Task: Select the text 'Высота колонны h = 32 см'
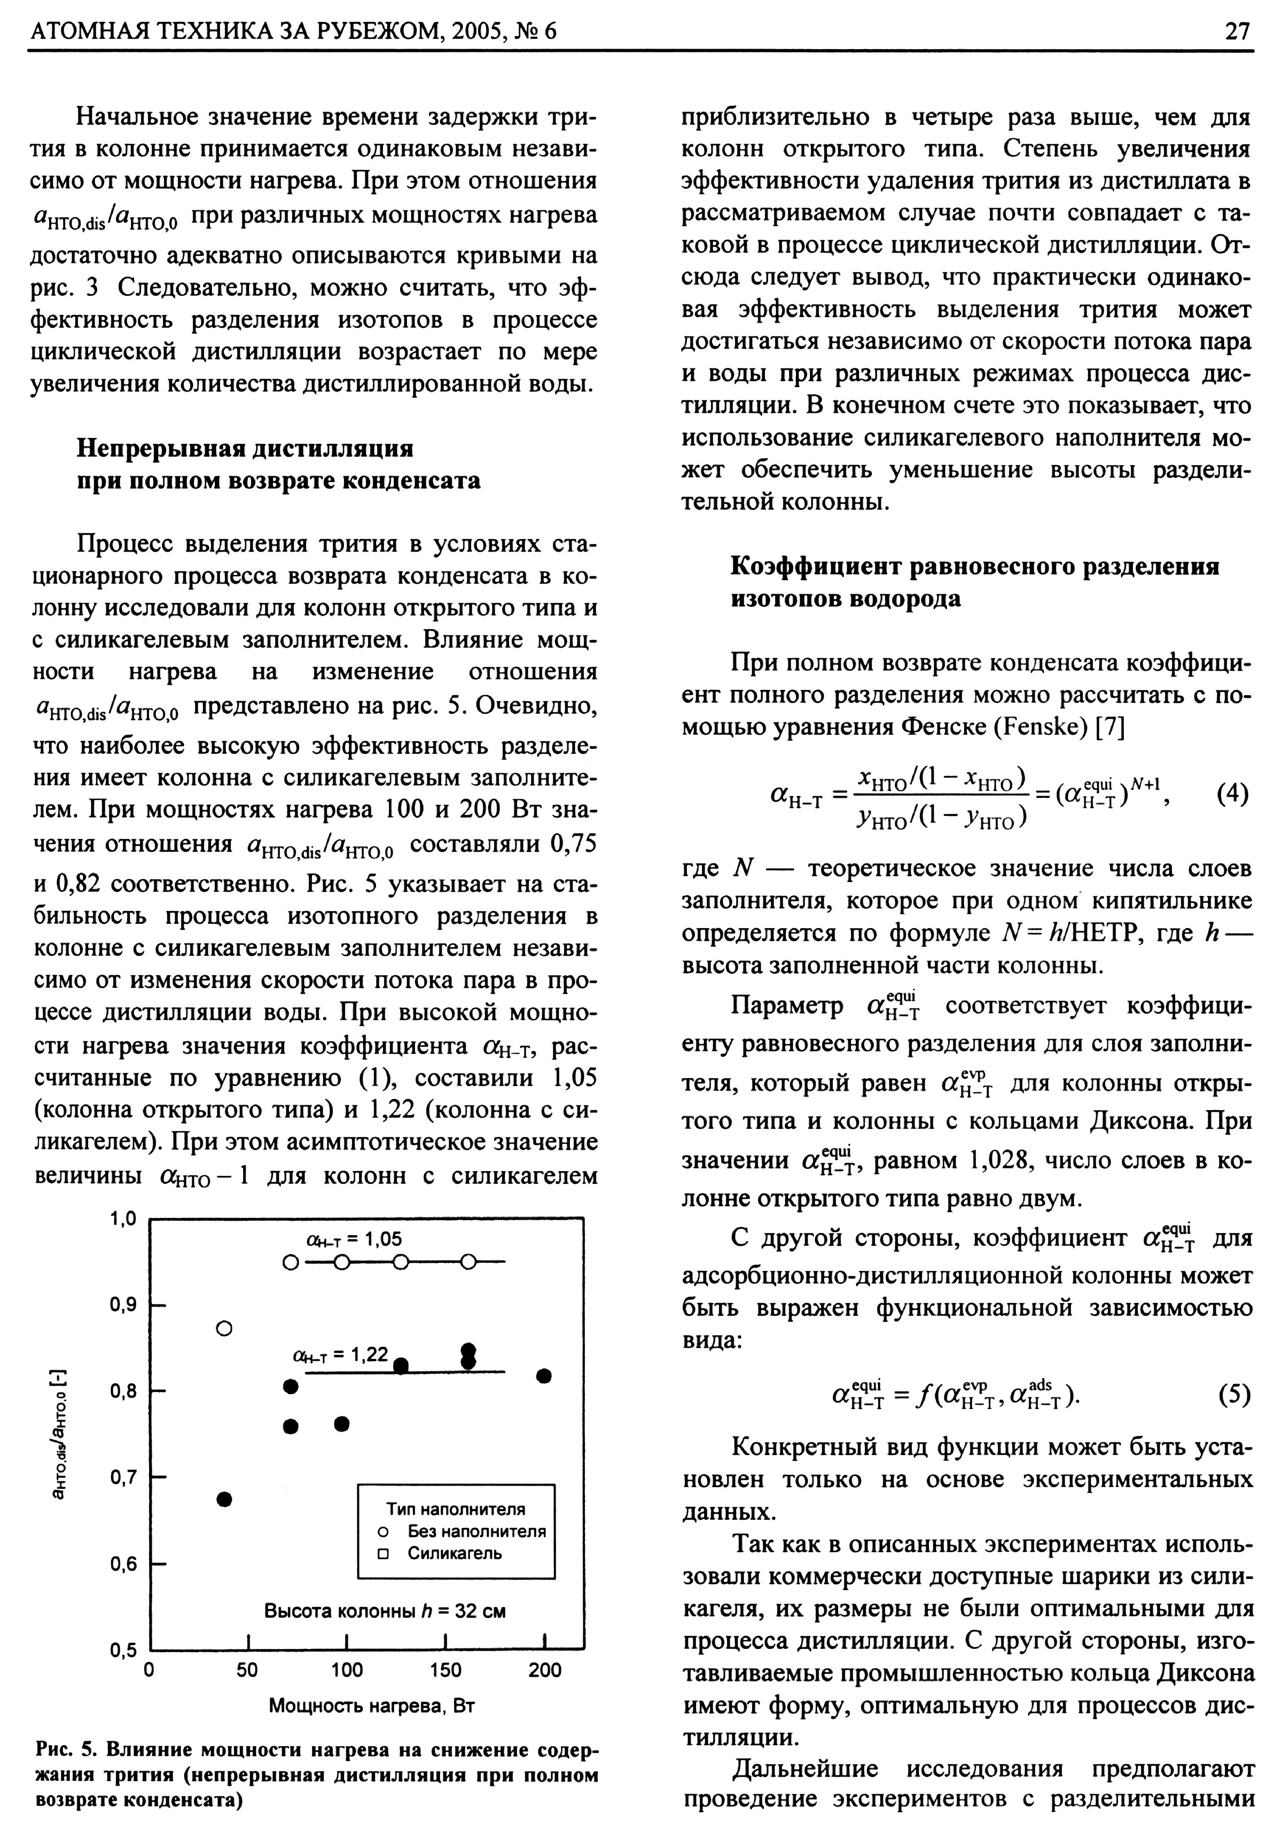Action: (x=385, y=1611)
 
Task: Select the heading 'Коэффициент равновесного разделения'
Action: (x=974, y=567)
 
